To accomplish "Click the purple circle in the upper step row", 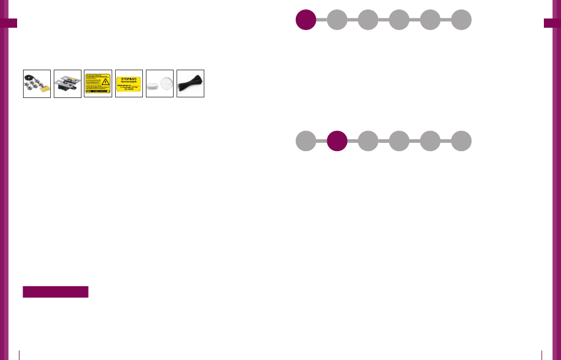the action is click(x=306, y=19).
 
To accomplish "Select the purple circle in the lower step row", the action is click(x=337, y=141).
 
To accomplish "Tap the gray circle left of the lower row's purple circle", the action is click(x=306, y=141).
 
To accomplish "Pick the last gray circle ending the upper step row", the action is click(x=461, y=19).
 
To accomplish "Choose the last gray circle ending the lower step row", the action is click(x=461, y=141).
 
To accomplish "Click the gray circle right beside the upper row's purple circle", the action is click(x=337, y=19).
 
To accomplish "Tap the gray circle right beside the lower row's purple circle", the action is click(x=368, y=141).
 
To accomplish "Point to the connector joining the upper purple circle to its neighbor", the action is click(x=321, y=19).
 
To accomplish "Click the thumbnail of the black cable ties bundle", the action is click(x=190, y=83).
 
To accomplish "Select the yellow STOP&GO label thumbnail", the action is click(x=129, y=83).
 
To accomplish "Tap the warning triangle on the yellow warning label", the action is click(x=106, y=83).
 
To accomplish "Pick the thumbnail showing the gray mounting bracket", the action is click(x=67, y=83).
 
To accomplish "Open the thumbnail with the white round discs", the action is click(x=159, y=83).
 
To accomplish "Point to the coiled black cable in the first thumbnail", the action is click(x=29, y=77).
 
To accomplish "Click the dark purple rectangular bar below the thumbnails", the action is click(x=56, y=292).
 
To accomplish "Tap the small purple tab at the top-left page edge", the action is click(x=9, y=23).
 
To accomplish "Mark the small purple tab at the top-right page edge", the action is click(x=552, y=23).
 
